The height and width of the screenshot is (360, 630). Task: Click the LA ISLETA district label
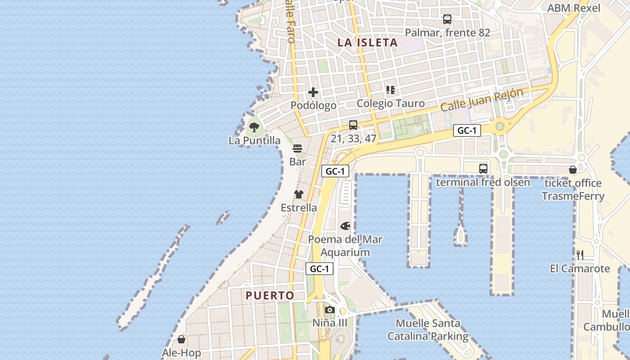368,43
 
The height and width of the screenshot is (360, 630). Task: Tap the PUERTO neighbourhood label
270,296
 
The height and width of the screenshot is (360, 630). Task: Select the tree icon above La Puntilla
254,127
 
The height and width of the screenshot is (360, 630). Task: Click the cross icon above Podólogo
313,93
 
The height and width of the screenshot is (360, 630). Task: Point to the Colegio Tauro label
391,103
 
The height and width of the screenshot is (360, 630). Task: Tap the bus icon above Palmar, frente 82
447,19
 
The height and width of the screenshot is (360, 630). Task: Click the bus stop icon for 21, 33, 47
353,125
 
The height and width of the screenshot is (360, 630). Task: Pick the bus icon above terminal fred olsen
483,169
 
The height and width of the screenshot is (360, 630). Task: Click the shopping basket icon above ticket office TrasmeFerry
573,170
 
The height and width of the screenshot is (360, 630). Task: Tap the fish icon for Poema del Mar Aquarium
345,225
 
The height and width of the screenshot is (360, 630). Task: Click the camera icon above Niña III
330,310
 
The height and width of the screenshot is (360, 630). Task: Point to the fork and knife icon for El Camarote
580,255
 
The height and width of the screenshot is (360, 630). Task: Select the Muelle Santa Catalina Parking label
428,329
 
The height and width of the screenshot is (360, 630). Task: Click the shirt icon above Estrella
299,194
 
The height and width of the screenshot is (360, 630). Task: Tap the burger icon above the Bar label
297,148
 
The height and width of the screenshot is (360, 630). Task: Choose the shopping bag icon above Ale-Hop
181,339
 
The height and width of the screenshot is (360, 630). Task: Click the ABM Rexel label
573,8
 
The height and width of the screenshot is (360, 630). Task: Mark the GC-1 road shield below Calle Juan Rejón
467,130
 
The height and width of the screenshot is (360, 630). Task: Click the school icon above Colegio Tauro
391,90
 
